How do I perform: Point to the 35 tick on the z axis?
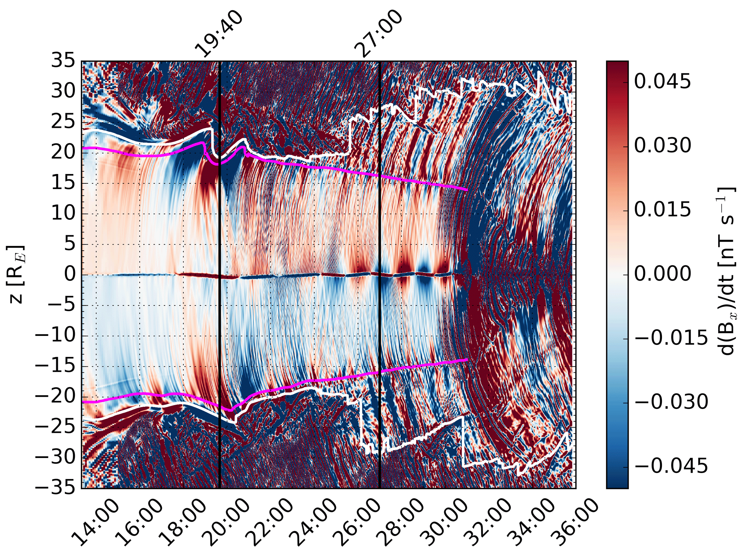point(63,61)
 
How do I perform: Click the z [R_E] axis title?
point(16,275)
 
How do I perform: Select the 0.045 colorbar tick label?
point(662,82)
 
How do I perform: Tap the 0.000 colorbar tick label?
point(662,274)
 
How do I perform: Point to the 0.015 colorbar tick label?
point(662,210)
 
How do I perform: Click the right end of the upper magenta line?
point(467,189)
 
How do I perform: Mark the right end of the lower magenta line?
point(467,359)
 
